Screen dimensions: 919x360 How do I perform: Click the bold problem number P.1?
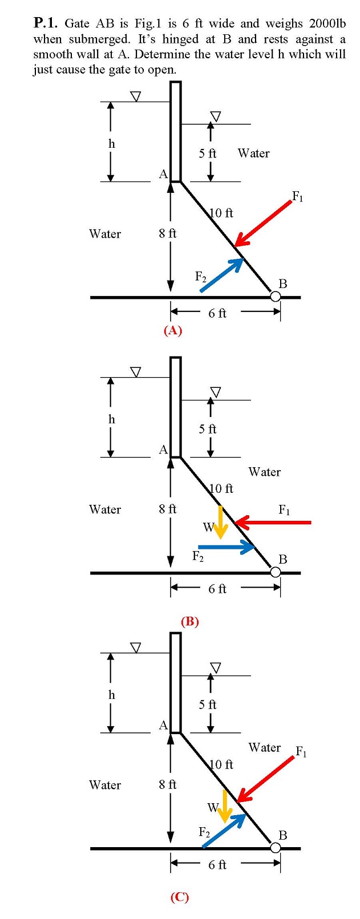point(45,23)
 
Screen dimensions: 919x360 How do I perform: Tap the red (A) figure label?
point(172,330)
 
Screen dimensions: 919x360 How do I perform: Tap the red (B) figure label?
point(189,621)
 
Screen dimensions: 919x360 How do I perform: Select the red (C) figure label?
point(179,897)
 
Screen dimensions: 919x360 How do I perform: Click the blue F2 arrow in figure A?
point(221,275)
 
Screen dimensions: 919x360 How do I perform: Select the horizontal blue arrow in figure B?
point(226,546)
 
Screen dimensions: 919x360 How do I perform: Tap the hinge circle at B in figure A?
point(276,297)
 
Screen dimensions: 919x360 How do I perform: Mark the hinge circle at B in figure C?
point(276,848)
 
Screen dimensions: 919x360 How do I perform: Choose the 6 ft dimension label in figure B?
point(217,589)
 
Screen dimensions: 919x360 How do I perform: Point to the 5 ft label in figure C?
point(208,705)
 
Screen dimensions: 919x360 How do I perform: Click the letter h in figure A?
point(112,144)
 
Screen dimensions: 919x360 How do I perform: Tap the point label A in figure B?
point(163,450)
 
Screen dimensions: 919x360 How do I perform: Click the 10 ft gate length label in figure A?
point(221,213)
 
